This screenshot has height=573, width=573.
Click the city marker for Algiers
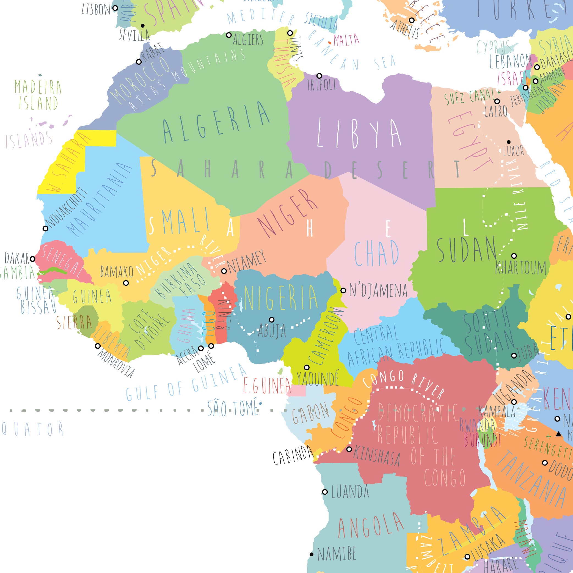tap(229, 35)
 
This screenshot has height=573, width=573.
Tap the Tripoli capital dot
tap(319, 76)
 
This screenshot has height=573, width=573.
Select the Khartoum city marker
tap(514, 256)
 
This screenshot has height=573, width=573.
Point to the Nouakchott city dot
tap(45, 228)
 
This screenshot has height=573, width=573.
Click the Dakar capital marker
tap(33, 259)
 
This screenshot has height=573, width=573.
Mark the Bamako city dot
tap(126, 283)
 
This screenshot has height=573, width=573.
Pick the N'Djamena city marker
tap(343, 290)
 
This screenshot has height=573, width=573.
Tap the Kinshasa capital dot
tap(349, 449)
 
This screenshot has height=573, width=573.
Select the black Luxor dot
tap(509, 142)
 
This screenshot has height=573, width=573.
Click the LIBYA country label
tap(359, 133)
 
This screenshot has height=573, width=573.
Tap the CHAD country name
tap(377, 254)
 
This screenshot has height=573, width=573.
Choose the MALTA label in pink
tap(346, 40)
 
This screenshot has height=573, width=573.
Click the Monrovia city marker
tap(98, 346)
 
